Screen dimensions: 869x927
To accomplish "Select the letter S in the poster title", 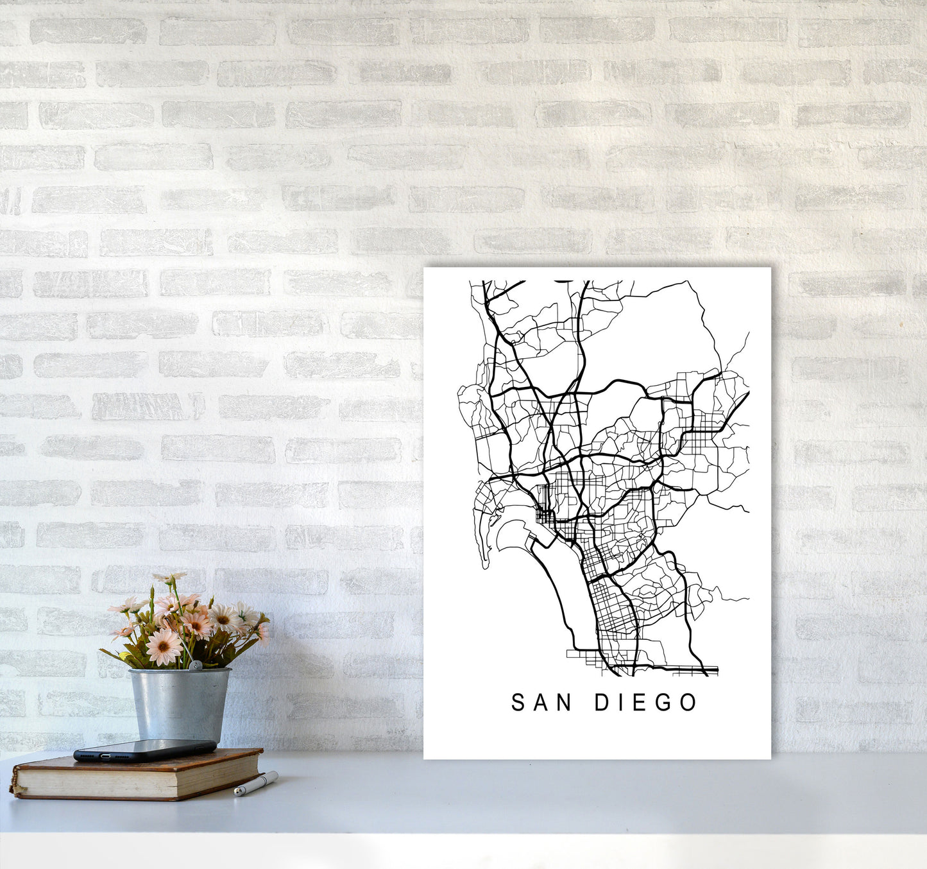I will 518,703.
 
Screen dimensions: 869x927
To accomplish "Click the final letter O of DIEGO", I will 688,703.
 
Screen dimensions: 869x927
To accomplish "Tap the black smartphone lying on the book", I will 144,750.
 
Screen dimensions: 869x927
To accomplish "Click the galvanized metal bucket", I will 179,703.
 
